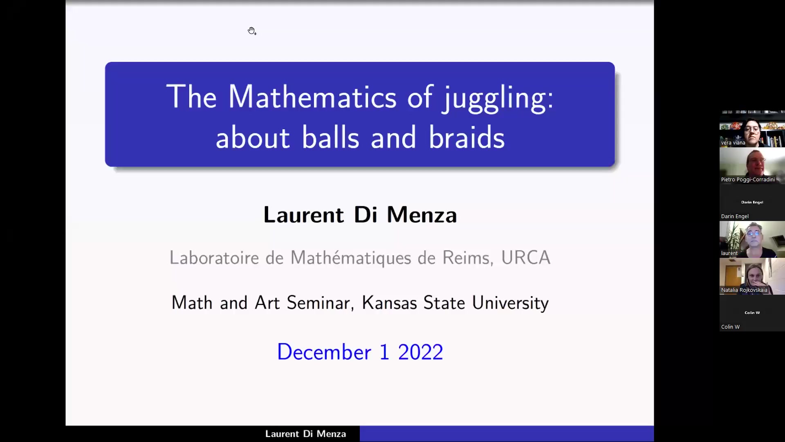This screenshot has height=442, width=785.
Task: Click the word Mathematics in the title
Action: (x=312, y=97)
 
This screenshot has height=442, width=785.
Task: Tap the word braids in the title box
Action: (x=467, y=138)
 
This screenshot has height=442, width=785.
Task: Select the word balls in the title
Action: (x=330, y=138)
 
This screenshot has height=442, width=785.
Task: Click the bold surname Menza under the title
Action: (x=422, y=215)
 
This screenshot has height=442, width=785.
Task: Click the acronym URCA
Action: (x=525, y=258)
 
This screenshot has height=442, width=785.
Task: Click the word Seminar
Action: (x=318, y=303)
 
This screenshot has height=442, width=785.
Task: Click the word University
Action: (x=510, y=303)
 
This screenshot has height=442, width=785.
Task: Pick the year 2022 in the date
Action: (x=420, y=352)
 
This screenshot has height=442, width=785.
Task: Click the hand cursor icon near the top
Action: (x=252, y=31)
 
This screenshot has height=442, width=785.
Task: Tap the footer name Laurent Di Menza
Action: (x=305, y=434)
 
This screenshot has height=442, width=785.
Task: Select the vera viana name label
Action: (x=733, y=143)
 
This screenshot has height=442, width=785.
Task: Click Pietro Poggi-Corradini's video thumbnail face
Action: (x=755, y=163)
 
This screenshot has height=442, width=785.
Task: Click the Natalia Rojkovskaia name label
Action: (x=744, y=290)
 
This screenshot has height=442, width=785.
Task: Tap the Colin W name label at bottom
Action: (x=730, y=327)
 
